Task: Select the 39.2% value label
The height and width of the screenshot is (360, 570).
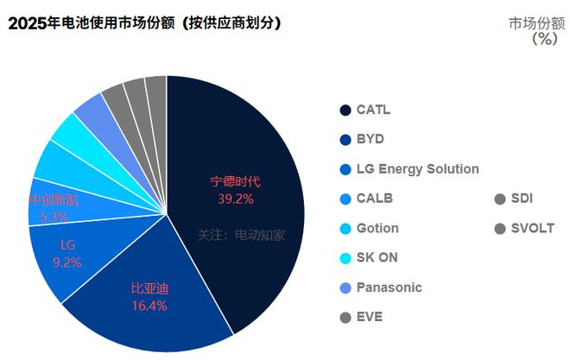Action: [236, 199]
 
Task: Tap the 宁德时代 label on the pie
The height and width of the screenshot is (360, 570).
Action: [236, 182]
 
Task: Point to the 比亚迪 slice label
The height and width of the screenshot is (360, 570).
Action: [149, 287]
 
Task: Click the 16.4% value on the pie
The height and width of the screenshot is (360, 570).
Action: [149, 305]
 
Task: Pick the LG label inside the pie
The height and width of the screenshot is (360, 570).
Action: [67, 245]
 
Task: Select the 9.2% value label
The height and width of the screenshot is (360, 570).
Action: [66, 262]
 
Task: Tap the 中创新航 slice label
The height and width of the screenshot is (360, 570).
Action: [54, 200]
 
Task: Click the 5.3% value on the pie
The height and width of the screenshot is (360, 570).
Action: [54, 217]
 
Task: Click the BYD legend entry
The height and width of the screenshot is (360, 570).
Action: [370, 139]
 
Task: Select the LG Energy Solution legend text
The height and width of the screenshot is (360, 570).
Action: [416, 168]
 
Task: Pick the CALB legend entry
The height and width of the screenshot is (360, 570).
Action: [374, 199]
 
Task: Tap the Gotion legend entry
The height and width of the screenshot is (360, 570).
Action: [377, 228]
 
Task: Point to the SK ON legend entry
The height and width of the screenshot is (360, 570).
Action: [377, 257]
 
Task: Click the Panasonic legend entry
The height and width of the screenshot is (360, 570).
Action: [389, 287]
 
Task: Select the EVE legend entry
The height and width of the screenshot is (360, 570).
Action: [369, 317]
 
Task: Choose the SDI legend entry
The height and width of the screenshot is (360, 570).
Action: [522, 199]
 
